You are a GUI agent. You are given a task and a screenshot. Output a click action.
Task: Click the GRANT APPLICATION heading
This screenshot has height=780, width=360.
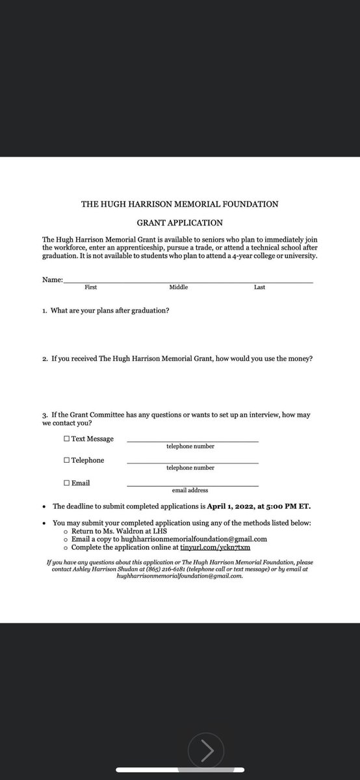[x=179, y=222]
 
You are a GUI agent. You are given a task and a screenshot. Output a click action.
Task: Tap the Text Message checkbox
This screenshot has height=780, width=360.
[x=67, y=439]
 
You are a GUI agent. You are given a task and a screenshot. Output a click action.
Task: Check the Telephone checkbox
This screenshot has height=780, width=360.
[x=67, y=460]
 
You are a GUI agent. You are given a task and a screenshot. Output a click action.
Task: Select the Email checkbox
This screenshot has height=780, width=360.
[x=67, y=483]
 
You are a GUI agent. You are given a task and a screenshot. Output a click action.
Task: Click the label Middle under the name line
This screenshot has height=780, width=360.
[x=179, y=287]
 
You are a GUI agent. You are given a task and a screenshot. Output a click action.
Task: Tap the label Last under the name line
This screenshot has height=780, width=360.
[x=259, y=287]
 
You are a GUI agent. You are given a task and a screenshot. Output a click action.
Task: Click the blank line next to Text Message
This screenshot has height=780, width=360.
[x=192, y=441]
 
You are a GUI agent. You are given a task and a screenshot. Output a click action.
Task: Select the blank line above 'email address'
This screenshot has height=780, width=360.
[x=192, y=486]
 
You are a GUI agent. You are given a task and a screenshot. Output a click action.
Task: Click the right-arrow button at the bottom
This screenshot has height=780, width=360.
[x=207, y=752]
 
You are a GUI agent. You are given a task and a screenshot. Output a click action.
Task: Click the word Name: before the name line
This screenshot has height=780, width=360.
[x=51, y=279]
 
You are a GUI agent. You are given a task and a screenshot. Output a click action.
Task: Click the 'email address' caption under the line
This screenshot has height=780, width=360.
[x=190, y=490]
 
